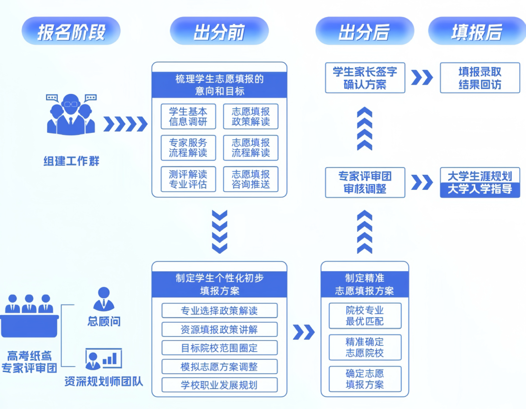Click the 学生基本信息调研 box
pyautogui.click(x=188, y=116)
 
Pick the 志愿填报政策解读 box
pyautogui.click(x=251, y=116)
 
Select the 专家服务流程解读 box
pyautogui.click(x=188, y=148)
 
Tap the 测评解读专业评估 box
pyautogui.click(x=188, y=179)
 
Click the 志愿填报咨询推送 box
pyautogui.click(x=251, y=179)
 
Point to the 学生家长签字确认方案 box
pyautogui.click(x=365, y=78)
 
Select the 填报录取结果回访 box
pyautogui.click(x=480, y=78)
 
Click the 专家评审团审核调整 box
pyautogui.click(x=365, y=183)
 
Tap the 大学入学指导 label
pyautogui.click(x=480, y=189)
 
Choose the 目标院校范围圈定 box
pyautogui.click(x=219, y=348)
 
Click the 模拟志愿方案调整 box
pyautogui.click(x=219, y=366)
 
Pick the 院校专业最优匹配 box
pyautogui.click(x=365, y=316)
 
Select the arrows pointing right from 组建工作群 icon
pyautogui.click(x=125, y=124)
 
